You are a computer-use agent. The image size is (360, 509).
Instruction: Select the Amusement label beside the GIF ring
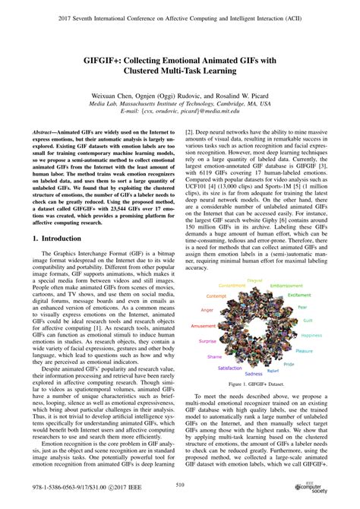[203, 325]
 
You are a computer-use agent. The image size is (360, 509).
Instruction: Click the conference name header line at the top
[180, 13]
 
